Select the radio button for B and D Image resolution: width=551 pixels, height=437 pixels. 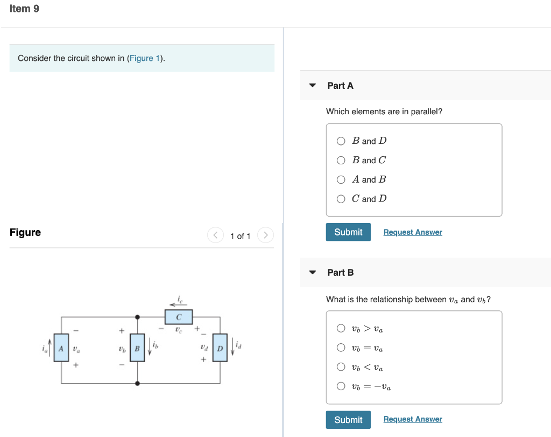point(341,141)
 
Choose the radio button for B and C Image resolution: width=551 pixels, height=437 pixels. point(341,160)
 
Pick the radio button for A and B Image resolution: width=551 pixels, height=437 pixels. point(341,179)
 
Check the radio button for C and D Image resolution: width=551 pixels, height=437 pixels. point(341,199)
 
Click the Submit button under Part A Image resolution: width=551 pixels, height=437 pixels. point(348,232)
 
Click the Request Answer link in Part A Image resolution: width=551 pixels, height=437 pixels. point(413,232)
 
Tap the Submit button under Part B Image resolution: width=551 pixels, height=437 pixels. point(348,420)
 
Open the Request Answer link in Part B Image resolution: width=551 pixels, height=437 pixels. point(413,419)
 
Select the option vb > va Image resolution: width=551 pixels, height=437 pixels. point(341,328)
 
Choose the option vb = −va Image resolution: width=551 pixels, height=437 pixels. point(341,386)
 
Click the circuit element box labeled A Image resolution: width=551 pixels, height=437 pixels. point(61,349)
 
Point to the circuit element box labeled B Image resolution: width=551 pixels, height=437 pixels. point(137,349)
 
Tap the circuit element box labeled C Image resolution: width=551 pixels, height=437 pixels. point(179,317)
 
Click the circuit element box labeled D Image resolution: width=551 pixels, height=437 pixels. point(220,349)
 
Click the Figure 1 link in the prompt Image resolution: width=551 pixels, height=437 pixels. point(145,58)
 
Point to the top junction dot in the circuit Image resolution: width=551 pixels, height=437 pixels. point(138,317)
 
